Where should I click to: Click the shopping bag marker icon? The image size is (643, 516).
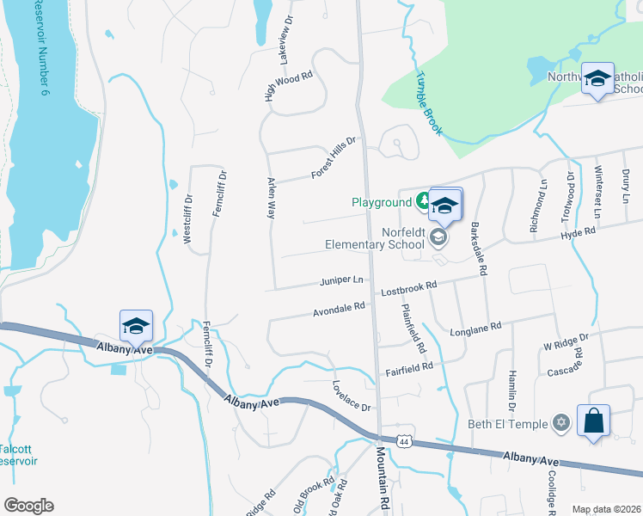593,421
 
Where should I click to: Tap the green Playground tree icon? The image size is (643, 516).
422,202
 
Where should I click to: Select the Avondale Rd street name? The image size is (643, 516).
340,308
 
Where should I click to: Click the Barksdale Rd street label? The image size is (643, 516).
478,249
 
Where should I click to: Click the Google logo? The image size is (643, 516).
28,506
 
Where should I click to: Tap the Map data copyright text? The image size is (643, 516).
606,509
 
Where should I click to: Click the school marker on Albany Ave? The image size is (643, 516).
136,326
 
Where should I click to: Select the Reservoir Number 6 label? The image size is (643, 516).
43,52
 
